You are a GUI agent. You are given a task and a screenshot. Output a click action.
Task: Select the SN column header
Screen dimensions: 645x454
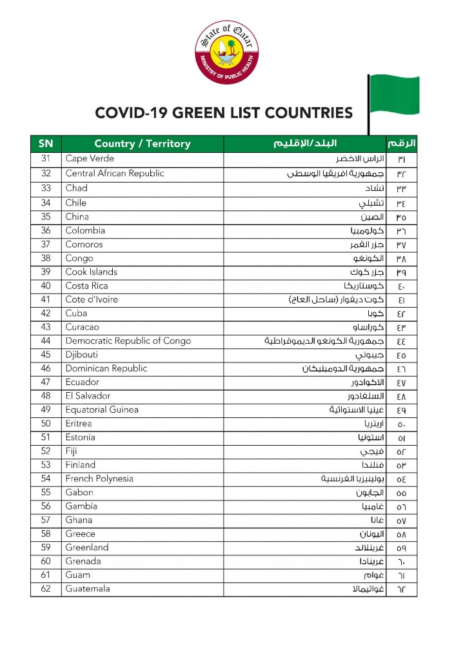[x=46, y=143]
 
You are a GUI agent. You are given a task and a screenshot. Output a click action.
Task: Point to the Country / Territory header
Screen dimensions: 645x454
[x=143, y=143]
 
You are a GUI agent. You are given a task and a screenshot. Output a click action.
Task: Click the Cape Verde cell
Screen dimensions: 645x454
[x=90, y=159]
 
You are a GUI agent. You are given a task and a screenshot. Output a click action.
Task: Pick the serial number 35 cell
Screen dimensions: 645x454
[x=46, y=217]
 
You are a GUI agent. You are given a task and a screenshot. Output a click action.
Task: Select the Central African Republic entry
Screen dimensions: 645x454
[x=115, y=173]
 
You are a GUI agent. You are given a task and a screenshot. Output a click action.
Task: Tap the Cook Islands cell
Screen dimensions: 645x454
[x=91, y=272]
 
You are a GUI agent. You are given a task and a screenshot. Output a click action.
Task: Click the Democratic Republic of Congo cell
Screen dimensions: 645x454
[x=128, y=341]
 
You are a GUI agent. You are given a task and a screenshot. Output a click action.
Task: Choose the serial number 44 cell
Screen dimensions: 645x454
[x=46, y=341]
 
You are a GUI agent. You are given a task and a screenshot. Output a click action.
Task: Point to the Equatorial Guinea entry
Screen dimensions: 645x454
[x=102, y=410]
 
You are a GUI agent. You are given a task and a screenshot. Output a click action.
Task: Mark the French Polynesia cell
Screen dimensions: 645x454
[x=99, y=479]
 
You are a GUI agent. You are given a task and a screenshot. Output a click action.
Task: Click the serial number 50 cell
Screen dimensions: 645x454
[x=46, y=424]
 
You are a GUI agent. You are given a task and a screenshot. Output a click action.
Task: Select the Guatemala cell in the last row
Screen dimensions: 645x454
[x=88, y=589]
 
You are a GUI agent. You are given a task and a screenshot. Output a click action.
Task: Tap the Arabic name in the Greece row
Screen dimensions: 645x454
[x=372, y=534]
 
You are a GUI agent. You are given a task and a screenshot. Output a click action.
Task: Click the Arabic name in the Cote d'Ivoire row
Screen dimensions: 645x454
[x=335, y=300]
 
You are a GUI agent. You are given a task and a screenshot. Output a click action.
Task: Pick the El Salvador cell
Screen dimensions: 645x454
[x=88, y=396]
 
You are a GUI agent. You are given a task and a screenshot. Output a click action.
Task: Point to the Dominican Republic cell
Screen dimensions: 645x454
[x=106, y=368]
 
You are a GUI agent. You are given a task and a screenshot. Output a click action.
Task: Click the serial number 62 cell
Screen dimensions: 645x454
[x=46, y=589]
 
